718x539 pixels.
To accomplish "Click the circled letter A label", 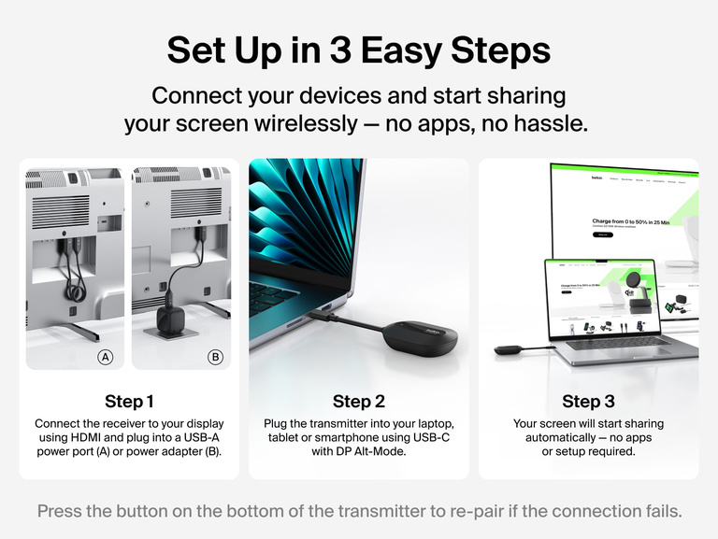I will [x=106, y=357].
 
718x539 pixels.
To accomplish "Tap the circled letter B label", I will [x=216, y=357].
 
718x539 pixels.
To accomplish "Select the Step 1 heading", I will [x=129, y=402].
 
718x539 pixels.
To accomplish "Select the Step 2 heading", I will [x=358, y=402].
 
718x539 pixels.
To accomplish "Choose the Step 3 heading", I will [x=588, y=402].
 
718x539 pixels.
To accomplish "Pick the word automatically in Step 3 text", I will [x=555, y=438].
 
